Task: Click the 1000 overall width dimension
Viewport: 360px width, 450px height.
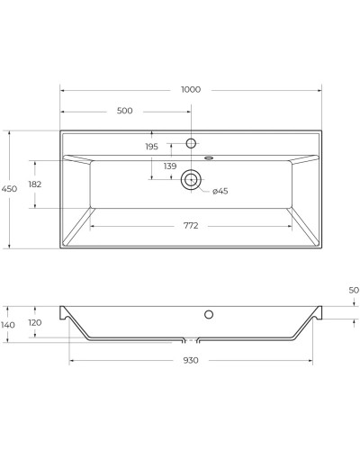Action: tap(191, 89)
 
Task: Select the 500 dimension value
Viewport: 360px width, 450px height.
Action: tap(125, 111)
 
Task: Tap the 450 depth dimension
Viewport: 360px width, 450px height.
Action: tap(9, 189)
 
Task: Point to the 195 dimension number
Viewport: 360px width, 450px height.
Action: tap(151, 147)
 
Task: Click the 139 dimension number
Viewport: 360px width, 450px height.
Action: tap(170, 166)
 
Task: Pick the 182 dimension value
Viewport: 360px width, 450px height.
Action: tap(35, 184)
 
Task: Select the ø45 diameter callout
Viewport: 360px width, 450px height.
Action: tap(220, 191)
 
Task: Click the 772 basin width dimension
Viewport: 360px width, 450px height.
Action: tap(191, 225)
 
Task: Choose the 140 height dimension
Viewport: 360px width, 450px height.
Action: tap(9, 324)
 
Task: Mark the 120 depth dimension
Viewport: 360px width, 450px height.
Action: tap(35, 322)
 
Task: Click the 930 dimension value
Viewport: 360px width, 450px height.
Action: tap(191, 359)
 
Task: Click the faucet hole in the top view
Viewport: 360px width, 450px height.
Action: tap(191, 143)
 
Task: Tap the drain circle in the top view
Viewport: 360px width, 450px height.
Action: tap(191, 179)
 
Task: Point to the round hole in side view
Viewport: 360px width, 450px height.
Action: tap(209, 314)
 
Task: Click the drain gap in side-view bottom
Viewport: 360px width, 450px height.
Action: tap(191, 341)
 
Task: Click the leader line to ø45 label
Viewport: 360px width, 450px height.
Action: tap(205, 188)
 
